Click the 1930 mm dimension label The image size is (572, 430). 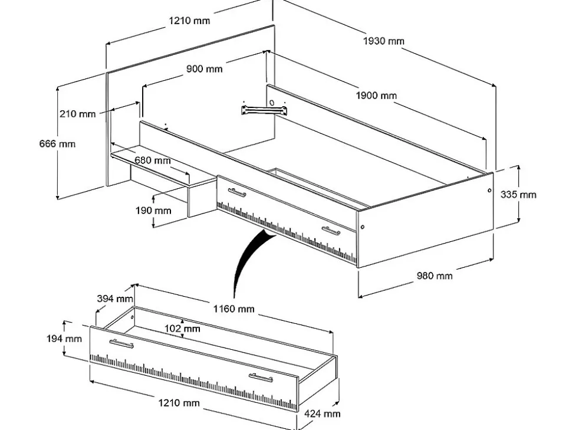(383, 41)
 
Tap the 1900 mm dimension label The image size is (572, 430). (376, 96)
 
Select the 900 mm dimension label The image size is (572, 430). (205, 69)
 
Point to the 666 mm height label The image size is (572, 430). (58, 143)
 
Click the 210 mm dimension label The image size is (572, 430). (77, 114)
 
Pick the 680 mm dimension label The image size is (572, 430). (152, 160)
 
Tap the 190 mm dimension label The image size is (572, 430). (153, 210)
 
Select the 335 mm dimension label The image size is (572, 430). (518, 194)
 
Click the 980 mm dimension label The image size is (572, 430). (435, 275)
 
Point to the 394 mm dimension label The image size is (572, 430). (115, 298)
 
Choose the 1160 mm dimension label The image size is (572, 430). (234, 308)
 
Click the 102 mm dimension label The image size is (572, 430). (182, 329)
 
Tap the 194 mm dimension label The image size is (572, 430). (64, 339)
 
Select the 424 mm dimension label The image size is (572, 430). (322, 413)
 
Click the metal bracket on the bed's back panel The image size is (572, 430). (264, 109)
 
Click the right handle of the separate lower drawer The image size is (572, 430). (260, 378)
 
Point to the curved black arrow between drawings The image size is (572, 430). (248, 260)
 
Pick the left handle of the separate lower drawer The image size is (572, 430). (121, 343)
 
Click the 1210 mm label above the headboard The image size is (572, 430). (189, 21)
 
